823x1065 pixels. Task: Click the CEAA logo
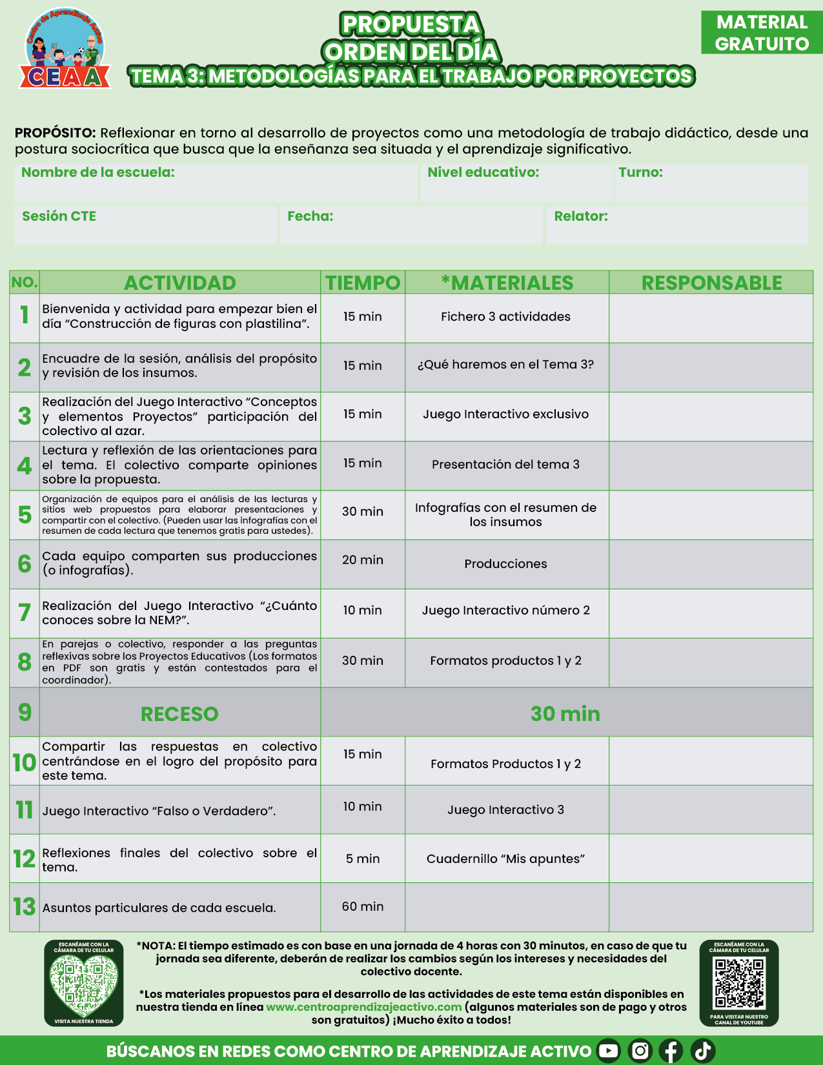[x=65, y=50]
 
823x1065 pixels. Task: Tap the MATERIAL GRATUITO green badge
[x=762, y=33]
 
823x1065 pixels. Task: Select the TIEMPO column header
[x=363, y=283]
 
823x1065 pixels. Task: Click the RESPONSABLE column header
[x=711, y=283]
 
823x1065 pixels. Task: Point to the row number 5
[x=25, y=515]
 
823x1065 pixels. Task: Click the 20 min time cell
[x=363, y=560]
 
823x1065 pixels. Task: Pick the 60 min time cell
[x=363, y=907]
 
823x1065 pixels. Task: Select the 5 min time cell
[x=363, y=859]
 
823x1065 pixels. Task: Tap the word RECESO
[x=179, y=714]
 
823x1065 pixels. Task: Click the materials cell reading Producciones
[x=505, y=564]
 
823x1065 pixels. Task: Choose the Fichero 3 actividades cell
[x=505, y=317]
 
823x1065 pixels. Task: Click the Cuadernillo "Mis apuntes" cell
[x=505, y=859]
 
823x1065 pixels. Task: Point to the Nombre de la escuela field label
[x=98, y=172]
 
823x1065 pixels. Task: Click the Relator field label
[x=581, y=216]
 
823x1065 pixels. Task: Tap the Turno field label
[x=640, y=172]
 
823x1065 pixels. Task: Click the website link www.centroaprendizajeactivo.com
[x=364, y=1007]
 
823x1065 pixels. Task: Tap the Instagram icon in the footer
[x=640, y=1051]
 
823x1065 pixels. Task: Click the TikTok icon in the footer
[x=703, y=1051]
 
